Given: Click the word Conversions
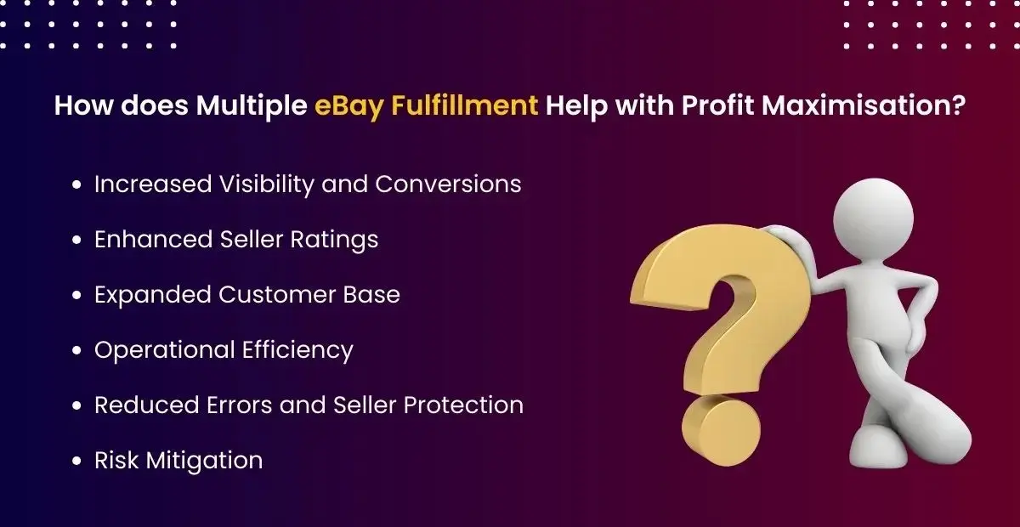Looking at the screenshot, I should point(448,184).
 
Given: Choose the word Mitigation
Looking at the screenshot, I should point(205,461).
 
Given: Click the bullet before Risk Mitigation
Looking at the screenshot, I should point(78,462).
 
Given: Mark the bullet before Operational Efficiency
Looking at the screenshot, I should point(78,350).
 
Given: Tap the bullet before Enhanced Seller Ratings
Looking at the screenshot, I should point(78,240).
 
